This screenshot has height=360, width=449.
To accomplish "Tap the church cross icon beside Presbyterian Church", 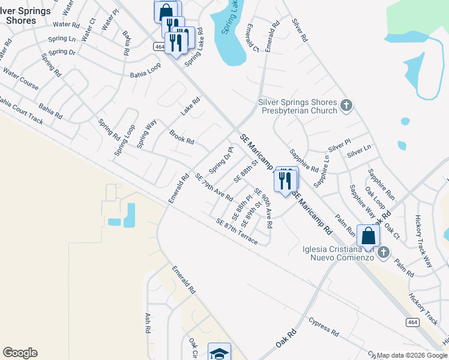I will click(346, 106).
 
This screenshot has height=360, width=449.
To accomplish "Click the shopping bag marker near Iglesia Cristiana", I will click(368, 235).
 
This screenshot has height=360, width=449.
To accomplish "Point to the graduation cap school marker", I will click(219, 353).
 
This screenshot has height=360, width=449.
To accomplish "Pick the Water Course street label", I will click(21, 79).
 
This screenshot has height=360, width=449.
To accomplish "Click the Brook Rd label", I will click(181, 137).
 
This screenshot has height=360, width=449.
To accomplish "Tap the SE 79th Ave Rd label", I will click(214, 187).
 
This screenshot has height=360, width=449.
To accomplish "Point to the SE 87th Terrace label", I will click(237, 232).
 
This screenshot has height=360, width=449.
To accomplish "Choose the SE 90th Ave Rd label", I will click(264, 208).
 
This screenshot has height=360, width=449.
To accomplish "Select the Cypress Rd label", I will click(324, 327).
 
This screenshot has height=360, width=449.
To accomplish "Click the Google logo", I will click(20, 353).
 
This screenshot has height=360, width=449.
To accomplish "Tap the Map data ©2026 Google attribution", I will click(412, 355).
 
